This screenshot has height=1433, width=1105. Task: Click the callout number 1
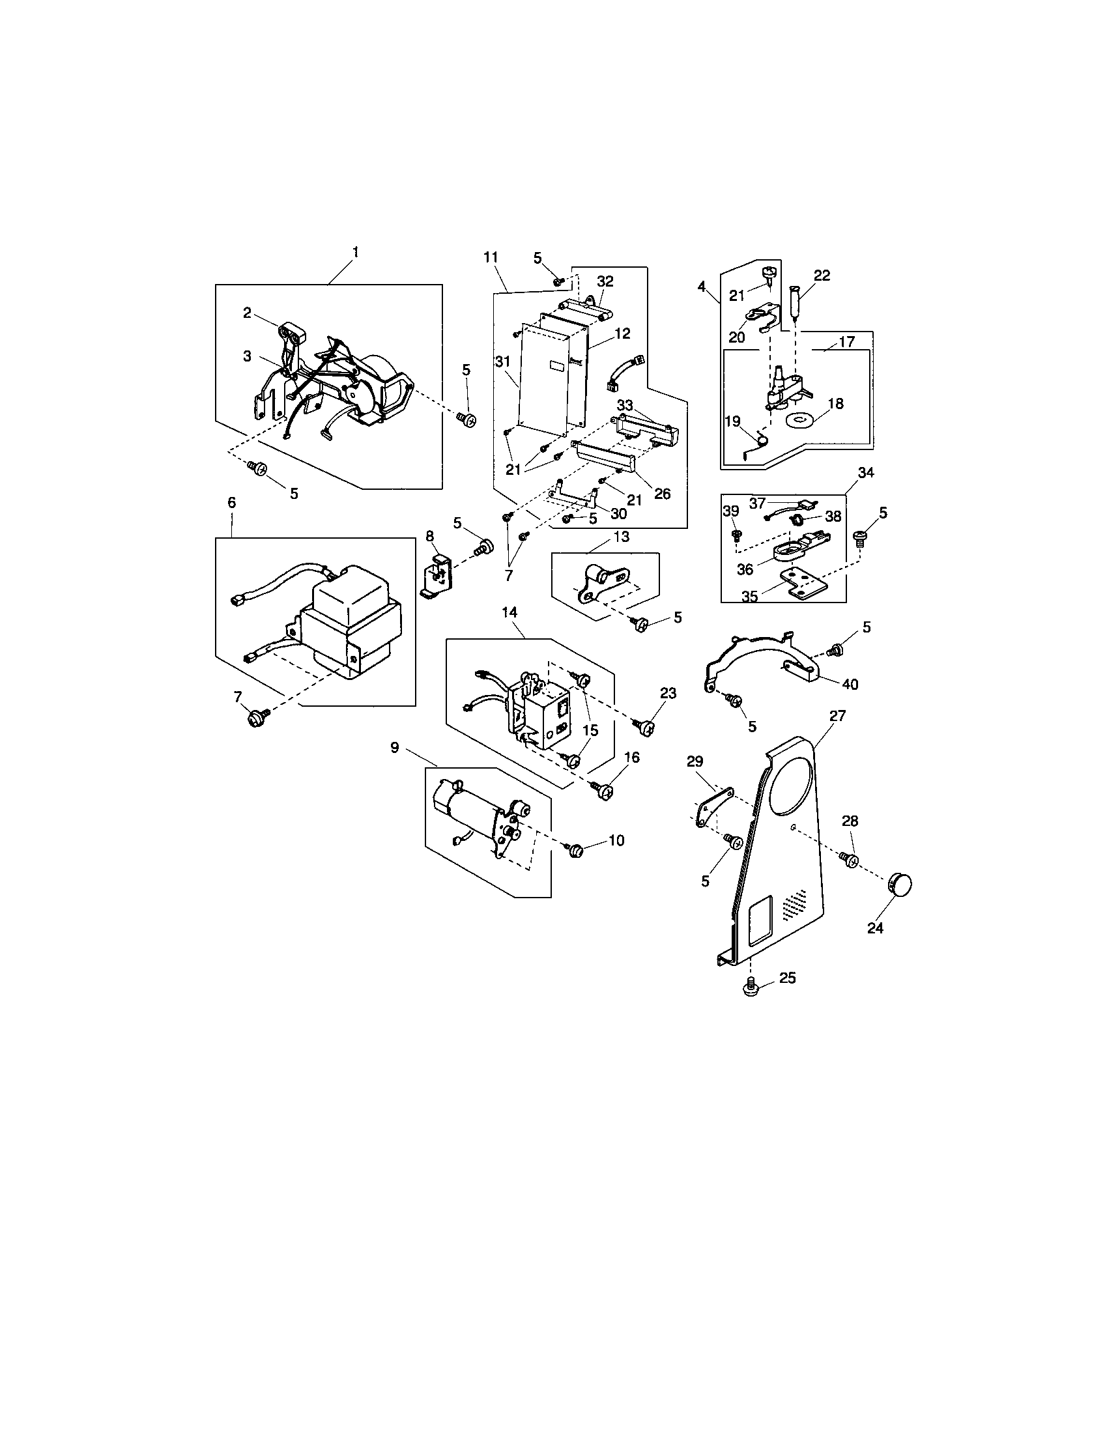click(x=355, y=252)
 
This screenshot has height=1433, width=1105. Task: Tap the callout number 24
click(x=876, y=928)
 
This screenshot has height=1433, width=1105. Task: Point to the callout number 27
click(x=837, y=716)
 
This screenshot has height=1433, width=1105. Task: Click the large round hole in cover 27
click(x=790, y=784)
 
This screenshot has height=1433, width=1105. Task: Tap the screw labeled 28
click(x=849, y=858)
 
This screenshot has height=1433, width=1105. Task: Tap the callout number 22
click(x=822, y=276)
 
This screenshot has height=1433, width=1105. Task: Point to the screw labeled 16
click(x=605, y=791)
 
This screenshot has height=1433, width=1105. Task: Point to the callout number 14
click(x=509, y=612)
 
